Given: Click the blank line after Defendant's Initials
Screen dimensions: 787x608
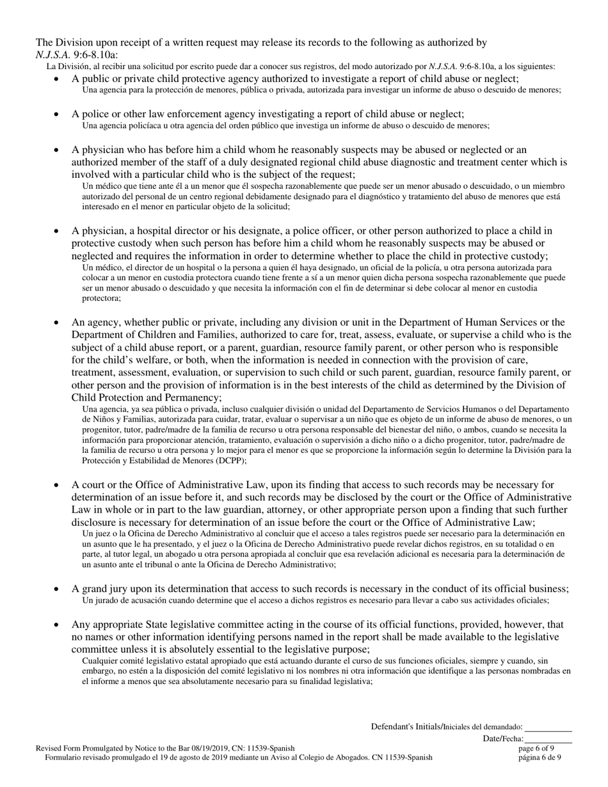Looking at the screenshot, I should [x=548, y=729].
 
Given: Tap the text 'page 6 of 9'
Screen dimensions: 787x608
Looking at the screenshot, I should [x=536, y=748].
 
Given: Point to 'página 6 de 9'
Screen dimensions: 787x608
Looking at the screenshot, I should [x=540, y=758].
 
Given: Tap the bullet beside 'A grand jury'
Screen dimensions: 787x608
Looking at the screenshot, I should [x=57, y=589].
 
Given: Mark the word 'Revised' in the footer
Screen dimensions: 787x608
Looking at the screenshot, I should [x=50, y=748].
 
